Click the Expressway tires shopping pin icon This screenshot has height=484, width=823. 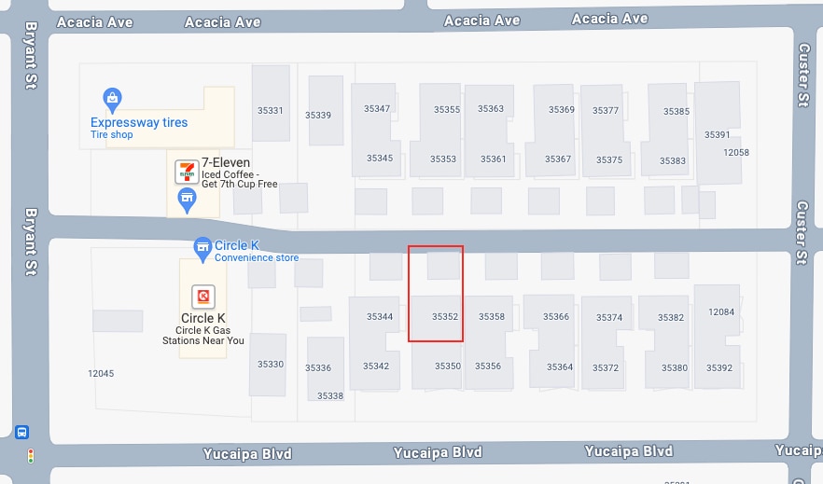pos(112,98)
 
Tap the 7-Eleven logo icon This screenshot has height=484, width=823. pos(187,171)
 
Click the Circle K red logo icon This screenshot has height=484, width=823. pos(202,297)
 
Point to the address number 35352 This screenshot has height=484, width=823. pos(445,317)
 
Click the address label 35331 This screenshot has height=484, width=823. pos(270,110)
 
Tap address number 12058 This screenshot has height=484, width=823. pos(736,152)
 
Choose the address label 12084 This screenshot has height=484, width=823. pos(721,312)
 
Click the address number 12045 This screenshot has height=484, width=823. pos(101,373)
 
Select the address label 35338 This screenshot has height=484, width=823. pos(330,395)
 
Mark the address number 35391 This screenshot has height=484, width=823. pos(718,134)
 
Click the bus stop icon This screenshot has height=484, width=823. pos(22,433)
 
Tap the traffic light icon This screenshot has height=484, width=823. pos(30,456)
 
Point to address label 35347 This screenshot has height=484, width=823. pos(377,109)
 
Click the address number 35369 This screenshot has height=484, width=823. pos(562,110)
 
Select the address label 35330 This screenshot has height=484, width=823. pos(271,364)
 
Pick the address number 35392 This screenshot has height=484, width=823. pos(719,368)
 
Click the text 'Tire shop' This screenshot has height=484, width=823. pos(112,135)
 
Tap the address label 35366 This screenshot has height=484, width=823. pos(556,317)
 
